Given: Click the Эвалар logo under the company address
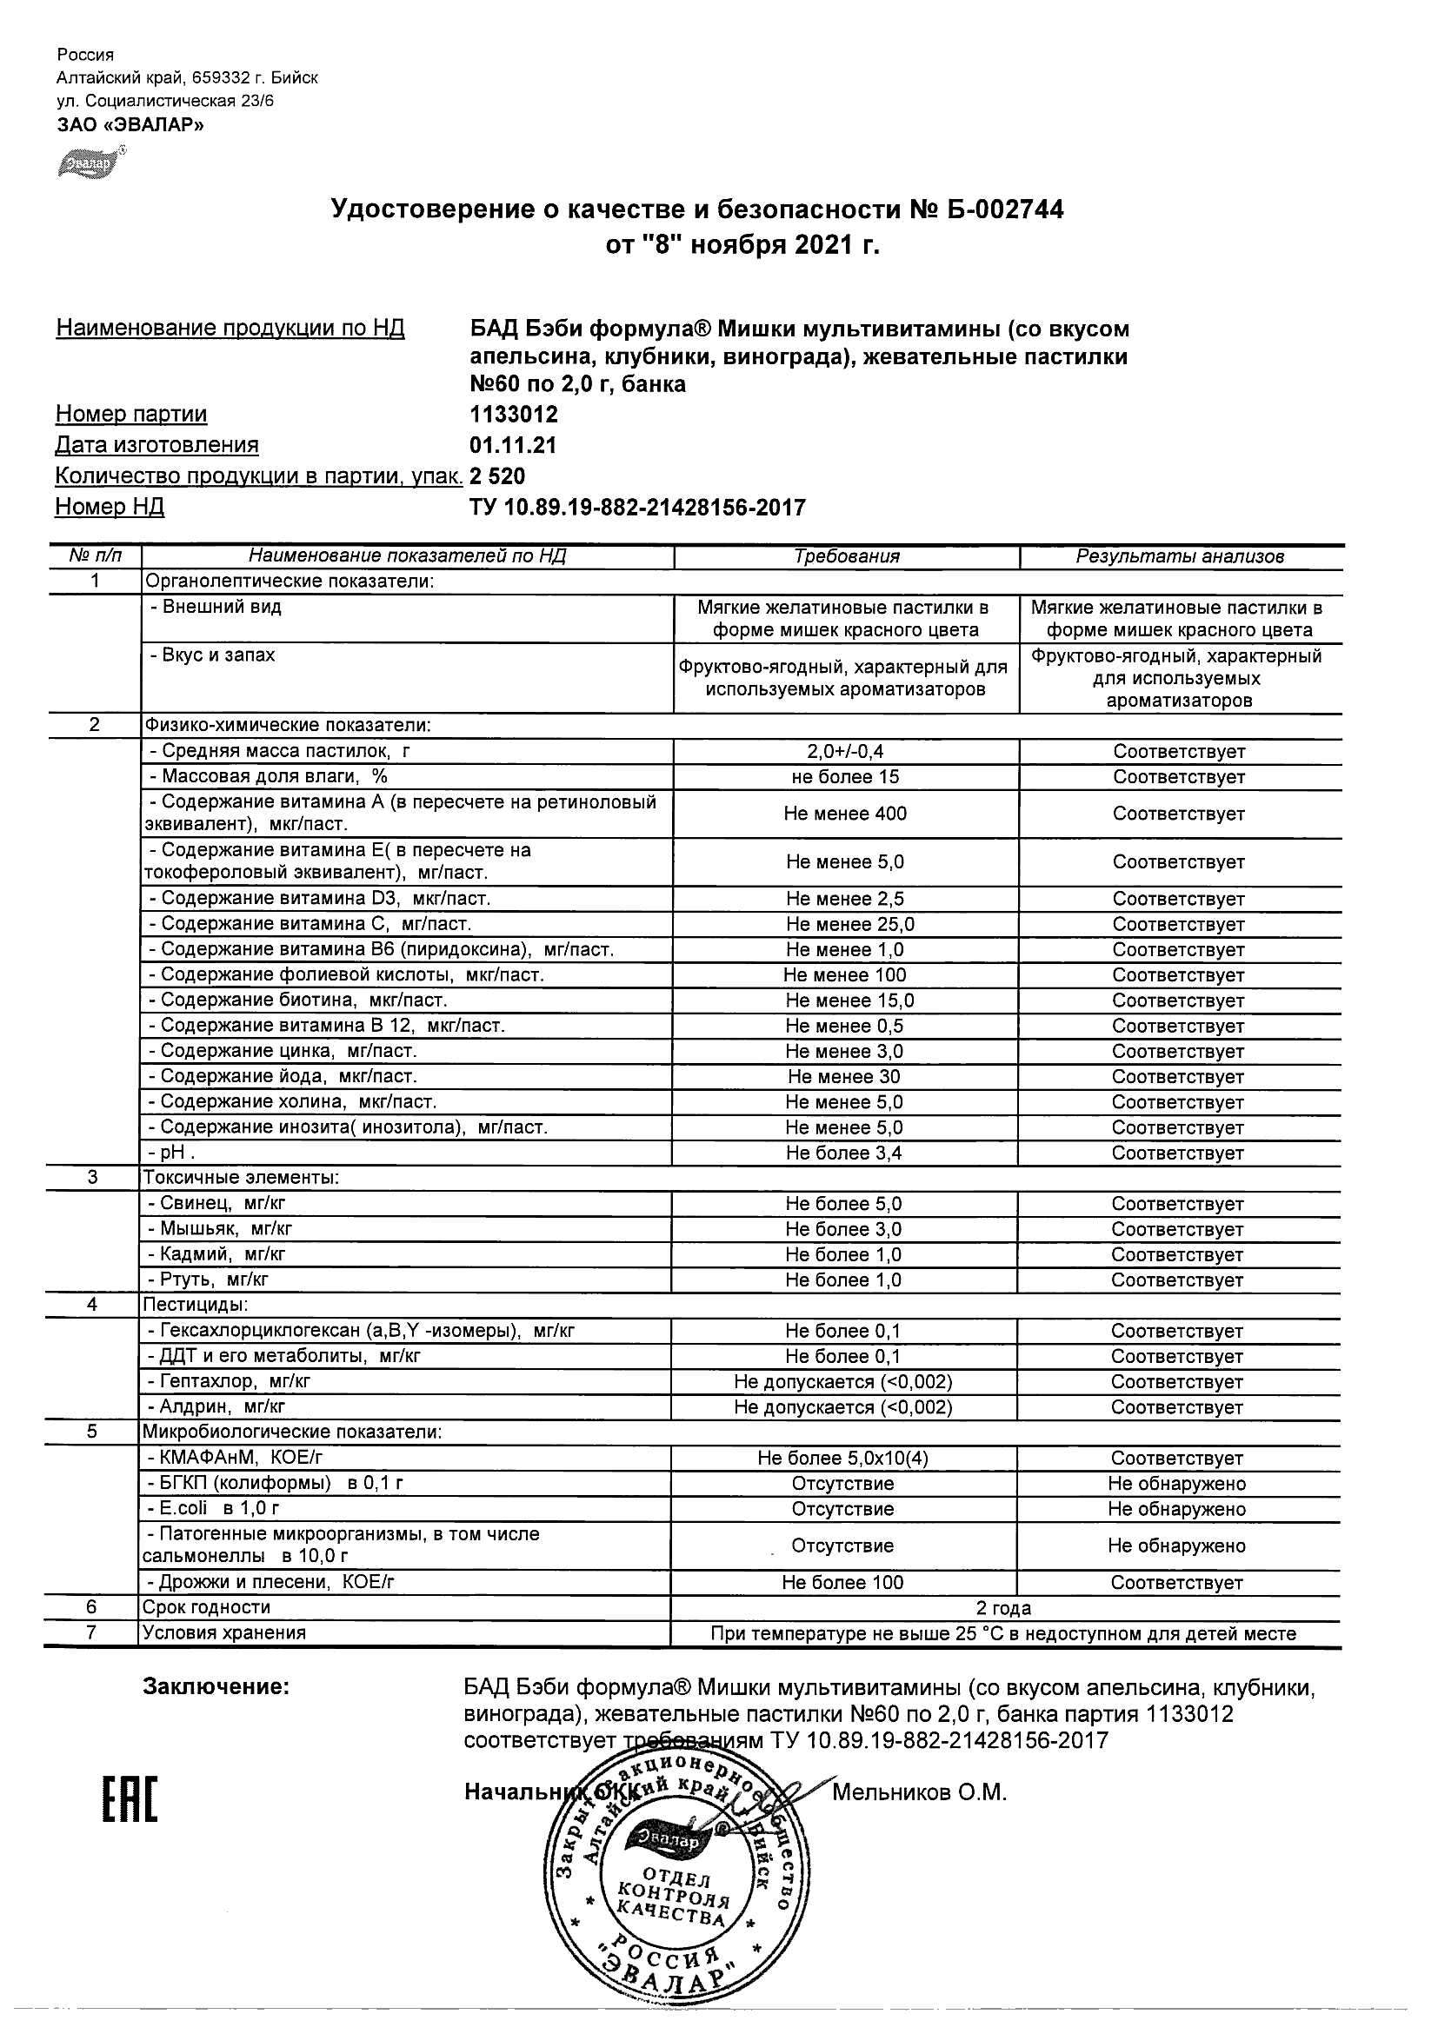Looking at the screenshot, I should [90, 163].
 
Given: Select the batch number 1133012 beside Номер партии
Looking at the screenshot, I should [513, 415].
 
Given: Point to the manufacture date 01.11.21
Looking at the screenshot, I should [513, 446].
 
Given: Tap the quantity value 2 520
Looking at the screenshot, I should [497, 476].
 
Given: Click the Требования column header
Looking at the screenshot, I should [846, 556].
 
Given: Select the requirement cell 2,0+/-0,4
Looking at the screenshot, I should [845, 751].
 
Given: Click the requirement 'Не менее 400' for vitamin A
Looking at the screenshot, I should [845, 814].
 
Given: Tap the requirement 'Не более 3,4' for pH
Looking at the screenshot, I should [844, 1153].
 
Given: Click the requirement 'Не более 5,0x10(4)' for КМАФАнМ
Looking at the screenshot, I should [842, 1459].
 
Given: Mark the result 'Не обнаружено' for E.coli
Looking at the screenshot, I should [1176, 1509].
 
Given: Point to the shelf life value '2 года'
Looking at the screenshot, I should [1003, 1608].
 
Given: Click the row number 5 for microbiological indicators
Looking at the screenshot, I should [92, 1432].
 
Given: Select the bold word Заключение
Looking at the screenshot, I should [216, 1686].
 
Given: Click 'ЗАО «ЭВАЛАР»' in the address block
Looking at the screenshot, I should [130, 125].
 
